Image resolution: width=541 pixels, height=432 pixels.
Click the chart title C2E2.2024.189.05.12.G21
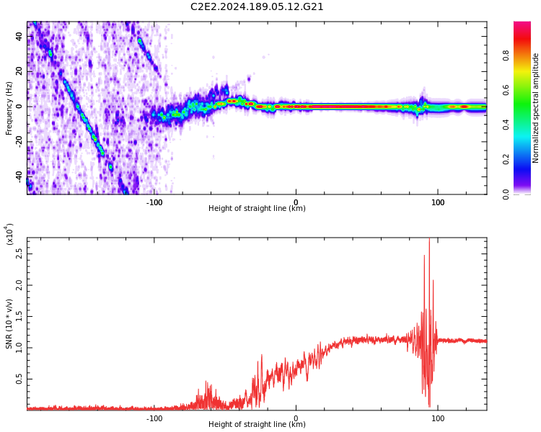point(257,6)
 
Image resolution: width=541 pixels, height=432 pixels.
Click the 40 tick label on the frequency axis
point(19,37)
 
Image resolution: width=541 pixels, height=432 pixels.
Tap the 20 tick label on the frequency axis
point(19,71)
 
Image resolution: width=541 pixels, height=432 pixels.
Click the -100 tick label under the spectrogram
point(154,202)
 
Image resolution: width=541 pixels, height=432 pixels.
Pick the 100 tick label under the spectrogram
point(437,202)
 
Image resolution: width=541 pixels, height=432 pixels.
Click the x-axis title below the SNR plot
point(257,425)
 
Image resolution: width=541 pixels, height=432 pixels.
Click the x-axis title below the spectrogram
point(257,209)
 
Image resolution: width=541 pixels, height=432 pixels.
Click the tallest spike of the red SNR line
point(429,240)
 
